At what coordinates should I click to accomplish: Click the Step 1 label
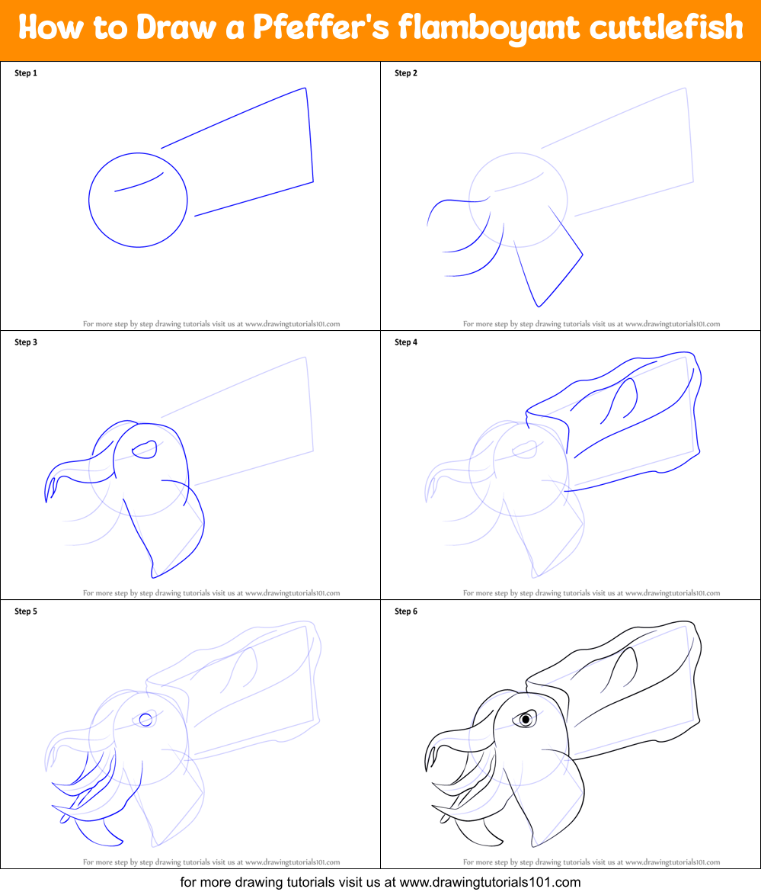pyautogui.click(x=26, y=73)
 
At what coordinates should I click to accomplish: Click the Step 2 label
pyautogui.click(x=406, y=73)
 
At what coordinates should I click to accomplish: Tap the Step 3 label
pyautogui.click(x=26, y=342)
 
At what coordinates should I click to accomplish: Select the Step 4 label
pyautogui.click(x=406, y=342)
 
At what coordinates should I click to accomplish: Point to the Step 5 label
pyautogui.click(x=26, y=611)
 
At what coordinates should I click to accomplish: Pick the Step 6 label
pyautogui.click(x=406, y=611)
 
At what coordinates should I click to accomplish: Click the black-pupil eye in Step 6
pyautogui.click(x=525, y=719)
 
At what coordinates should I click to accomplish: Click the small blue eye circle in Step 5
pyautogui.click(x=145, y=719)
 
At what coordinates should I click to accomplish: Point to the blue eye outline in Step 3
pyautogui.click(x=145, y=450)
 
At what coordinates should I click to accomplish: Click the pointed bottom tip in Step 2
pyautogui.click(x=539, y=306)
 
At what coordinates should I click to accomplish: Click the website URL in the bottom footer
pyautogui.click(x=490, y=882)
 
